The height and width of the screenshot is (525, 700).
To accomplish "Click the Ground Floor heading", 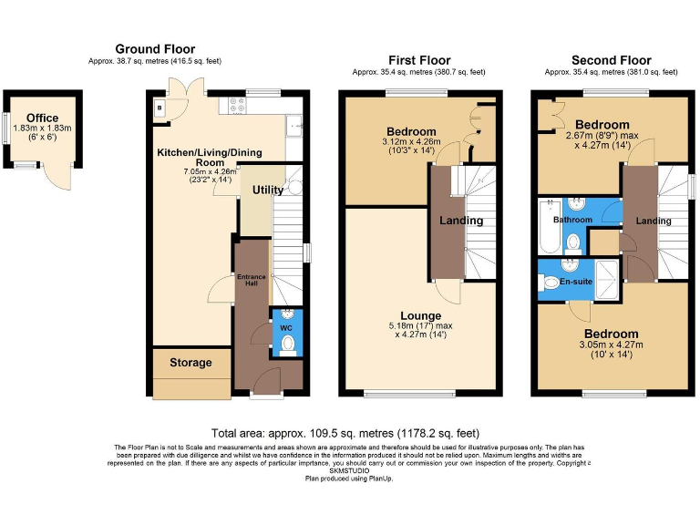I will (x=155, y=49).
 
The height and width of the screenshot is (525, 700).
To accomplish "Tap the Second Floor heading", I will (x=611, y=60).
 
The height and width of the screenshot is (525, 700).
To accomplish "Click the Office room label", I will (x=42, y=118).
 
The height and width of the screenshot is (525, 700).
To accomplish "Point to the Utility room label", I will (x=268, y=190).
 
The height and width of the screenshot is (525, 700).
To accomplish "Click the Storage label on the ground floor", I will (x=190, y=363).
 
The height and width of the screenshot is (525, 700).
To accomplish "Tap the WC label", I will (x=285, y=325).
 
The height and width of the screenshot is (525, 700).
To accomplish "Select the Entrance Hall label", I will (x=251, y=280).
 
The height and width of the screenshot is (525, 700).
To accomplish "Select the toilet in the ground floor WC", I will (x=287, y=345).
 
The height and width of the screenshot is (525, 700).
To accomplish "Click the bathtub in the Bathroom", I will (x=549, y=228).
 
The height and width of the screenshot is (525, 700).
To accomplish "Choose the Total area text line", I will (x=345, y=433).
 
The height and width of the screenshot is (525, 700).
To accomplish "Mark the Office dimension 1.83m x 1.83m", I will (x=42, y=129).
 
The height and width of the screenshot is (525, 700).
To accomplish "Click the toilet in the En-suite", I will (x=552, y=283).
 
